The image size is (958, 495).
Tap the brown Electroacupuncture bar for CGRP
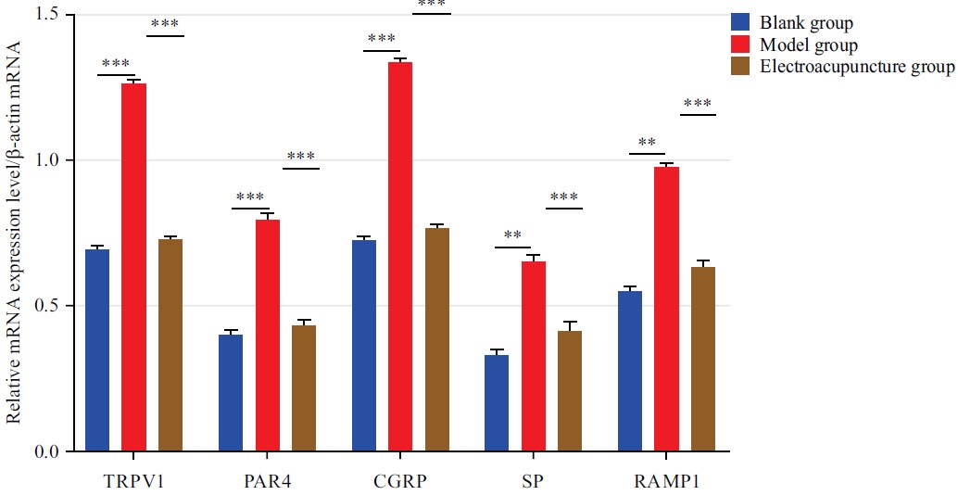pyautogui.click(x=437, y=339)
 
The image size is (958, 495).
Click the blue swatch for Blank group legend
pyautogui.click(x=740, y=22)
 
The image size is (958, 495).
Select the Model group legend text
pyautogui.click(x=808, y=45)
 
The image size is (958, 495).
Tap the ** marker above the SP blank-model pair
pyautogui.click(x=512, y=236)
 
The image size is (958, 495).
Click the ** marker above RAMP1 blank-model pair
pyautogui.click(x=647, y=143)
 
